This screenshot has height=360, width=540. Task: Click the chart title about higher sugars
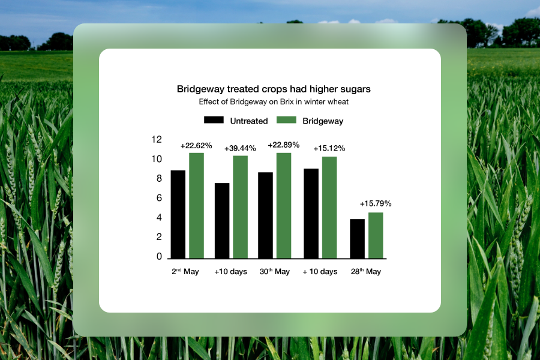(x=274, y=89)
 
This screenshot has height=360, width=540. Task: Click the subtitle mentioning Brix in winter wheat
(x=274, y=102)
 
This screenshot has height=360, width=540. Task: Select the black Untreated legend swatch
(x=214, y=120)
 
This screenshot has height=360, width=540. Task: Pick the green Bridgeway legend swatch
(x=287, y=120)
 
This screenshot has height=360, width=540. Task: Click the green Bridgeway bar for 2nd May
(x=197, y=206)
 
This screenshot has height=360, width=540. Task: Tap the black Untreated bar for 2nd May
(x=178, y=214)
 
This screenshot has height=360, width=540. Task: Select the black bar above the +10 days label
(x=222, y=221)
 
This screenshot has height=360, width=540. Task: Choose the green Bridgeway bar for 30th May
(x=284, y=206)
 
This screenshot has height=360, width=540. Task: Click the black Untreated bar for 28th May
(x=357, y=239)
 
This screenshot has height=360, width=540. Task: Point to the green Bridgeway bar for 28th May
(x=376, y=236)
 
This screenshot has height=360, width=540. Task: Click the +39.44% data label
(x=240, y=148)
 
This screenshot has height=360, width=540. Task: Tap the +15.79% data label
(x=376, y=203)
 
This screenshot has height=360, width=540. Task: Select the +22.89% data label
(x=284, y=145)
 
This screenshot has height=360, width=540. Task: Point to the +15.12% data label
(x=329, y=148)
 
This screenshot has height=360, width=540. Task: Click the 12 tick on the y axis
(x=157, y=139)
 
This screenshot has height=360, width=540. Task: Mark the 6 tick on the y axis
(x=159, y=198)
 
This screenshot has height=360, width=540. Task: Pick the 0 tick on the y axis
(x=159, y=256)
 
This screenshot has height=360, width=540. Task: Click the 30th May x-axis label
(x=275, y=271)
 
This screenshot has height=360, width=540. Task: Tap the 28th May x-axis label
(x=366, y=271)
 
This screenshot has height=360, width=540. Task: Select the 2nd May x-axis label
(x=185, y=271)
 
